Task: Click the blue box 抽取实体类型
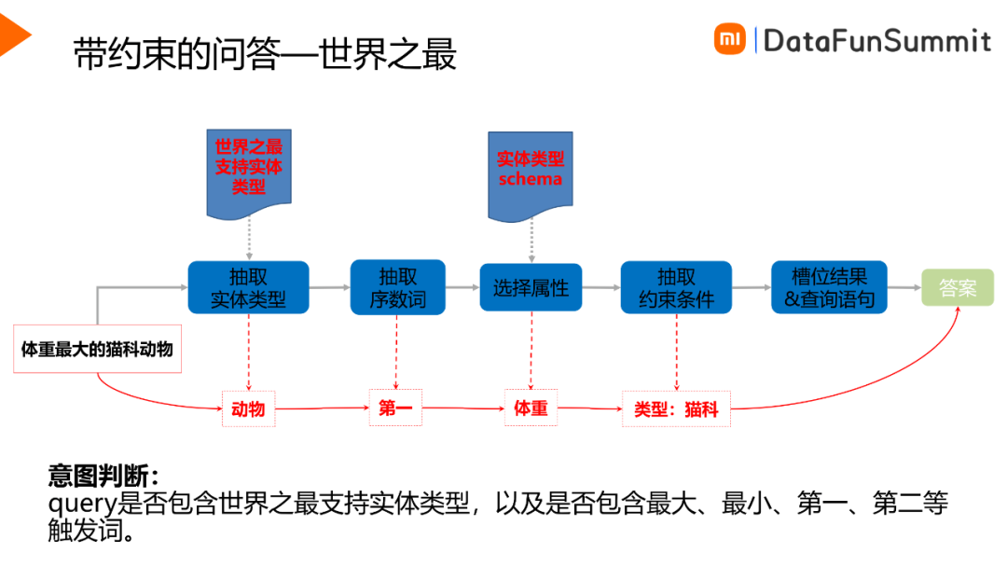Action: pos(248,287)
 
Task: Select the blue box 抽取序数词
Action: pos(397,287)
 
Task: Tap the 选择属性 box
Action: pos(531,287)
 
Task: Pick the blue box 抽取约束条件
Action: pos(676,287)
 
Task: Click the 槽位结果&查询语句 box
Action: pos(829,287)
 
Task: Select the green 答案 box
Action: pos(958,287)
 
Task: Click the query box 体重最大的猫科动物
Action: pos(97,350)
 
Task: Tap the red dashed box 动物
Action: pos(249,408)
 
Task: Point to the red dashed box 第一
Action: pos(397,408)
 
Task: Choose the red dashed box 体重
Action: pos(531,408)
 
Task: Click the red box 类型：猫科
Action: pos(676,408)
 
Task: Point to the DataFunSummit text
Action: pos(876,40)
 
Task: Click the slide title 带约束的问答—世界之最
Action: pos(265,56)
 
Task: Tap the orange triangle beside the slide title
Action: pos(14,35)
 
